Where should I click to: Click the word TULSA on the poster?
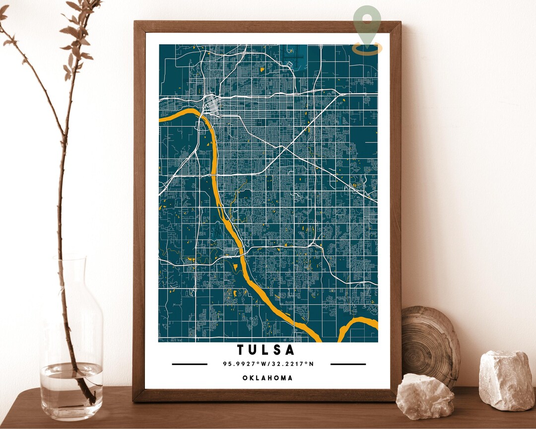click(x=266, y=350)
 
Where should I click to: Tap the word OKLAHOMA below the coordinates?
click(x=268, y=378)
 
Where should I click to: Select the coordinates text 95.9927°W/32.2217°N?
click(x=268, y=364)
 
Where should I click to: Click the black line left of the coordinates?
click(x=190, y=364)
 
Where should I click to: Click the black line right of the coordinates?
click(x=348, y=364)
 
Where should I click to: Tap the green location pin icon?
click(x=367, y=25)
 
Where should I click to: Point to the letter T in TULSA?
click(x=241, y=350)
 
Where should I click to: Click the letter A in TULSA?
click(x=290, y=350)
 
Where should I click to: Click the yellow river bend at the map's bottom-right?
click(x=357, y=325)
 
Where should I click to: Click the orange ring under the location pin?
click(x=367, y=49)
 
